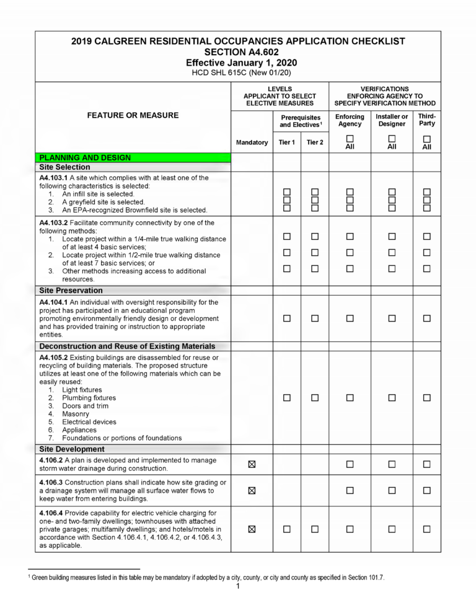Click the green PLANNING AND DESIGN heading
point(84,157)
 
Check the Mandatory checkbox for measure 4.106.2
point(252,464)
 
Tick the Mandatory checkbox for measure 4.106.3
point(252,490)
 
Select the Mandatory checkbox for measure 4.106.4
point(252,529)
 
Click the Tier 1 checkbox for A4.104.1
point(287,319)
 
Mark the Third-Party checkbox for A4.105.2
point(426,398)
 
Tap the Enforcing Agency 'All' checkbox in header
point(350,138)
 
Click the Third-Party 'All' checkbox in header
point(426,138)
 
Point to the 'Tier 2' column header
point(315,143)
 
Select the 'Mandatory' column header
point(252,143)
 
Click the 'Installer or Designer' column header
point(392,120)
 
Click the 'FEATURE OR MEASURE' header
point(133,115)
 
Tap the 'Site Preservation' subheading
point(71,290)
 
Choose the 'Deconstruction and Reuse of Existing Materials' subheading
point(127,346)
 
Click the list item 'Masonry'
point(76,414)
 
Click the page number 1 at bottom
point(238,587)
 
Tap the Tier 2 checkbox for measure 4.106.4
point(315,529)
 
